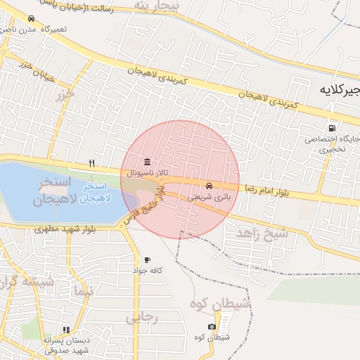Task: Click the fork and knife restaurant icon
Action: click(x=91, y=163)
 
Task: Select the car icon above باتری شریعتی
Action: click(x=210, y=186)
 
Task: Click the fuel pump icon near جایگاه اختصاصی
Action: click(x=331, y=128)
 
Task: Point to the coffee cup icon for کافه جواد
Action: click(x=147, y=259)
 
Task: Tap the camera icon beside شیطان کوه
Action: click(x=212, y=327)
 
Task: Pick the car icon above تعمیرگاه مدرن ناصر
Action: click(x=30, y=19)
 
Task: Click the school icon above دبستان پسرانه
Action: click(x=66, y=329)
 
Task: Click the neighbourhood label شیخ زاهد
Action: click(x=262, y=232)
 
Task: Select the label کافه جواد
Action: click(x=149, y=270)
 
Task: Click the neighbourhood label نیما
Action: click(x=82, y=290)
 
